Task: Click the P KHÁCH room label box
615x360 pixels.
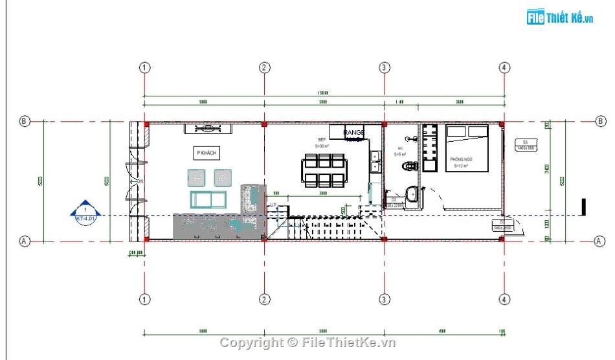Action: [207, 153]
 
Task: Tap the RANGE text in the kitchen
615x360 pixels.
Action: [354, 133]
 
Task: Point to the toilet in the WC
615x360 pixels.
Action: [408, 166]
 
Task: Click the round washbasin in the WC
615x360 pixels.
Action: [412, 193]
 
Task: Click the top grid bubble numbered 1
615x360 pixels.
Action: [144, 67]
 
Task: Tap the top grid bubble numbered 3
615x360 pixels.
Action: [384, 67]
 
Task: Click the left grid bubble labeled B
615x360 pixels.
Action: [25, 121]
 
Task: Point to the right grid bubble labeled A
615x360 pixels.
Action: [599, 241]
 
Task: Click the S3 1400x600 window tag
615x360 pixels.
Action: [525, 145]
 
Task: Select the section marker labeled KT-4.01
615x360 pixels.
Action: [85, 212]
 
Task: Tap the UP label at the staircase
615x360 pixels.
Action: [273, 205]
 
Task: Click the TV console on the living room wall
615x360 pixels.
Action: [208, 128]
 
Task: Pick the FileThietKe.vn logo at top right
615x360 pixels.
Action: [560, 17]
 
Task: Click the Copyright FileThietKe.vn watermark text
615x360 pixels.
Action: [307, 343]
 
